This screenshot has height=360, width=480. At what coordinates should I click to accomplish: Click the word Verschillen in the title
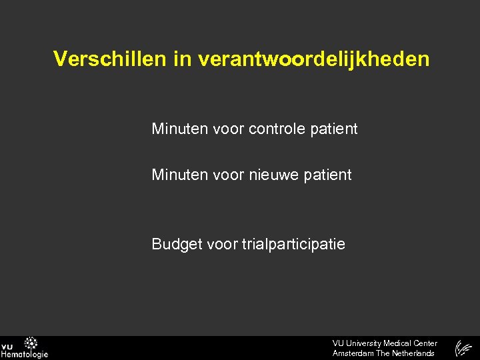coord(109,59)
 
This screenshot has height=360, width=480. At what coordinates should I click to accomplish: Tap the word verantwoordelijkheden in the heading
coord(313,59)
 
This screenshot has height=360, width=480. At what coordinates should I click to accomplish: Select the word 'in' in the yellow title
coord(181,59)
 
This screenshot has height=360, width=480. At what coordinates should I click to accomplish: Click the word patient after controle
coord(334,129)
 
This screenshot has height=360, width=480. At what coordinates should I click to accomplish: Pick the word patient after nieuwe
coord(328,175)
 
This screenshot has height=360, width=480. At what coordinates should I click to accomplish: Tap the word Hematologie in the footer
coord(24,355)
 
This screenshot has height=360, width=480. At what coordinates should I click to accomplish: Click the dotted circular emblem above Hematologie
coord(31,343)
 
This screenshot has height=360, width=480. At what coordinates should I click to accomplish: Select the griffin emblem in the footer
coord(463,348)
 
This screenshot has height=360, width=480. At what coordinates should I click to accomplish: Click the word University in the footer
coord(363,343)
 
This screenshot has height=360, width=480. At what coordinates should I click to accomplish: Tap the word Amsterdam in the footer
coord(353,353)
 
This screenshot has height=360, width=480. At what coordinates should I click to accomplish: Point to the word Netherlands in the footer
coord(413,353)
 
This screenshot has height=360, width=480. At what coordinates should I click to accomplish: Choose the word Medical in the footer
coord(399,343)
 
